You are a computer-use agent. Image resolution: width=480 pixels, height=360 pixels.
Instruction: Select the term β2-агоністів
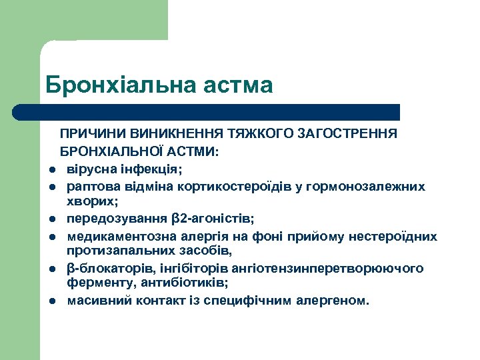[213, 218]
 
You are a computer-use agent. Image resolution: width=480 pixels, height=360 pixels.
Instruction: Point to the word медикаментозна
[116, 236]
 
